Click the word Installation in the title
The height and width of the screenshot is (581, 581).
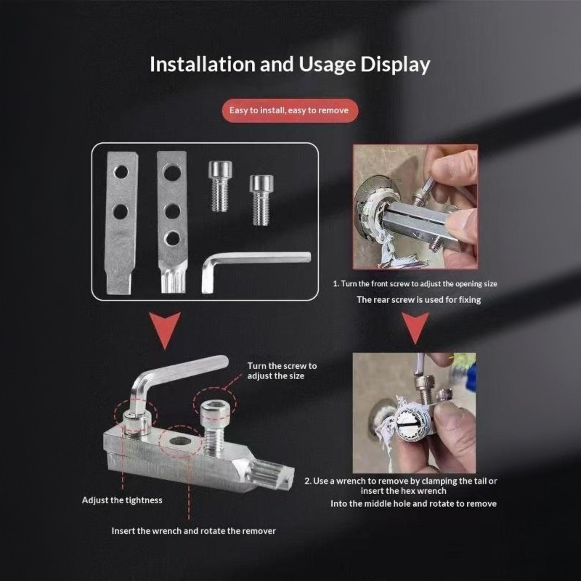coord(203,64)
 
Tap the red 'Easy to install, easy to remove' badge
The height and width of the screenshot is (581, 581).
coord(290,110)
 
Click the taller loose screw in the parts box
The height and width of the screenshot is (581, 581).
coord(220,186)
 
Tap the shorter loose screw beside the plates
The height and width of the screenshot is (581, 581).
coord(261,200)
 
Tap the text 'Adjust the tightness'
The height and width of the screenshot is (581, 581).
coord(122,500)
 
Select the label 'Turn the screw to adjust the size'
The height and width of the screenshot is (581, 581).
coord(282,371)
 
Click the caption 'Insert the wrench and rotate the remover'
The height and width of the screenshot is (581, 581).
coord(194,531)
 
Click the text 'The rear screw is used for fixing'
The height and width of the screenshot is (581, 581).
coord(419,300)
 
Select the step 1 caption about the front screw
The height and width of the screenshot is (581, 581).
coord(415,284)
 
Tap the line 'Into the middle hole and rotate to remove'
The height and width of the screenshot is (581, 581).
coord(414,504)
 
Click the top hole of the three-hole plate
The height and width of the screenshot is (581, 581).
coord(172,172)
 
